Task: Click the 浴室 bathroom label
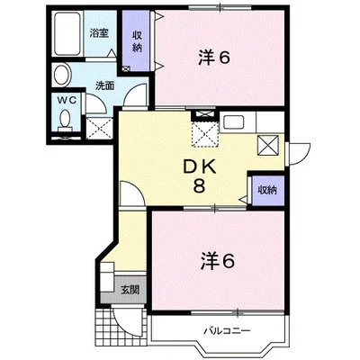click(x=99, y=32)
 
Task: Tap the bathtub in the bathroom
click(x=67, y=33)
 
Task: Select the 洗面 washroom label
click(x=104, y=85)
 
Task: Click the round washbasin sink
click(x=62, y=75)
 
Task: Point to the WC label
click(x=67, y=101)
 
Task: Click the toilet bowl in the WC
click(x=65, y=120)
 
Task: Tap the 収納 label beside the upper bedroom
click(x=137, y=41)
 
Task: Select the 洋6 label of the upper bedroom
click(x=214, y=58)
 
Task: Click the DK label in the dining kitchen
click(x=200, y=167)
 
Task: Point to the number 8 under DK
click(x=199, y=186)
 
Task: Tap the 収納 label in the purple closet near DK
click(x=267, y=190)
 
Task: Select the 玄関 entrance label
click(x=130, y=290)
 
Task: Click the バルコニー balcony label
click(x=227, y=331)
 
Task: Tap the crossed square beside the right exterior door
click(x=268, y=145)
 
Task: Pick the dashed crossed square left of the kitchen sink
click(x=205, y=134)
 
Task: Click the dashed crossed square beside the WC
click(x=99, y=129)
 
